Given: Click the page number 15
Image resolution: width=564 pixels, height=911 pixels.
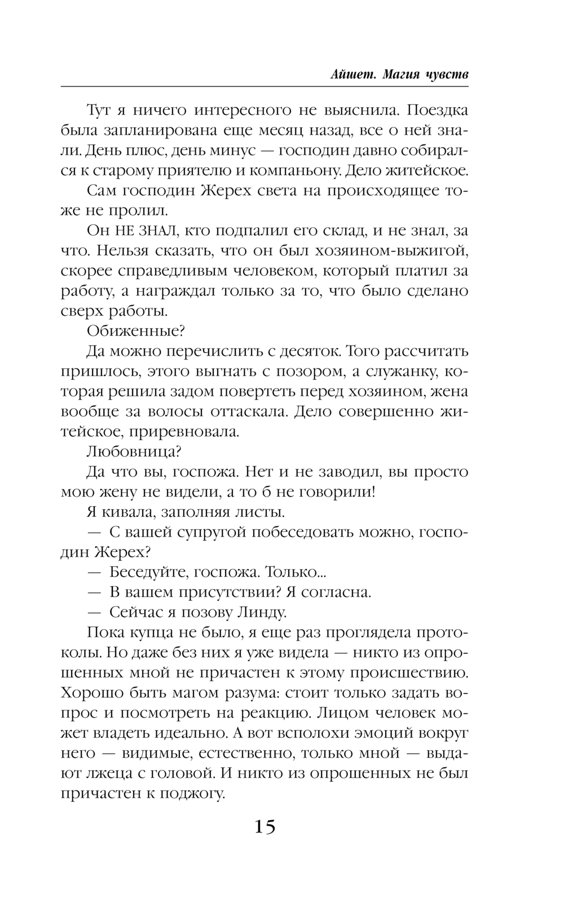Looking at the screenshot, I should (265, 827).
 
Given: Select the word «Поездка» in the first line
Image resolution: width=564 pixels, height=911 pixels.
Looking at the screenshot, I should (435, 109).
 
